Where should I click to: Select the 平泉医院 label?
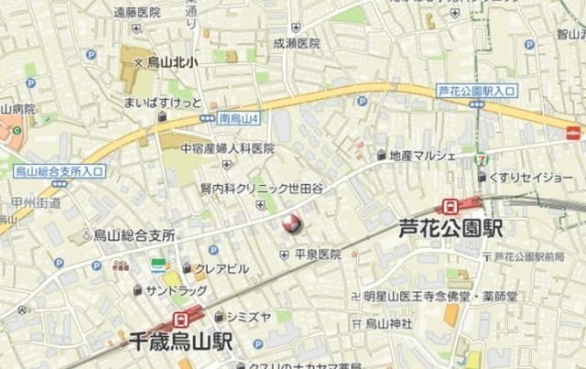318,255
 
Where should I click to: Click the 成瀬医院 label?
296,43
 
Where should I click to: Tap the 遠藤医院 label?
136,12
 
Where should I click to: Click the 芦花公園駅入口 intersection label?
477,91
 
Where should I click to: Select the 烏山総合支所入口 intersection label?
60,171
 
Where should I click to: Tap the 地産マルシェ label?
422,155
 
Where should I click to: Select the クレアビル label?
221,268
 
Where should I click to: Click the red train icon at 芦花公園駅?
450,206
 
